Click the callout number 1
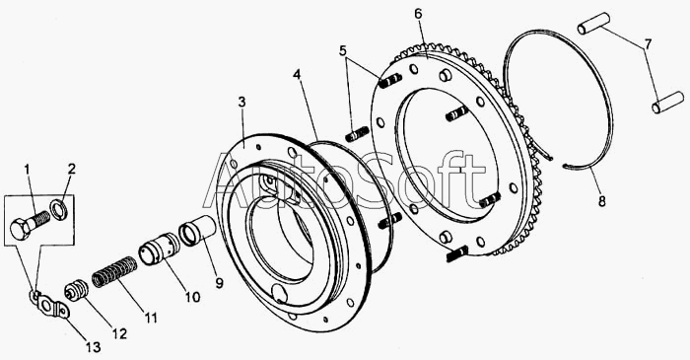[28, 170]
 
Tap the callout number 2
[72, 169]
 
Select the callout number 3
[241, 103]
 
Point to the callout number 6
[418, 14]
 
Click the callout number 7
[648, 43]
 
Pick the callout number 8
[601, 201]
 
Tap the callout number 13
[93, 347]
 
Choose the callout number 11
[151, 318]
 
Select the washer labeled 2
[57, 207]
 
